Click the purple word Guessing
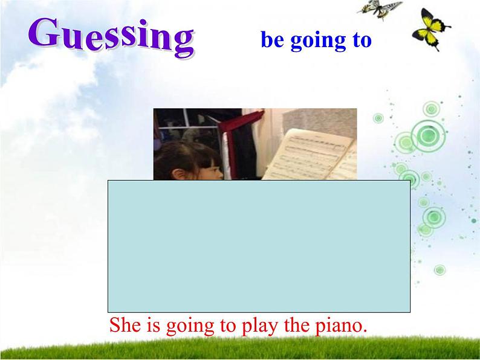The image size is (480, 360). [x=112, y=37]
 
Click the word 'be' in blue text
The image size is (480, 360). [x=272, y=40]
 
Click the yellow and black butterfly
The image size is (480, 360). [x=430, y=30]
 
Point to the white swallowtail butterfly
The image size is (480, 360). [x=380, y=9]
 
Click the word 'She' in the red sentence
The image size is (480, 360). [x=123, y=325]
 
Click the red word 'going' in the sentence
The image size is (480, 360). [x=190, y=327]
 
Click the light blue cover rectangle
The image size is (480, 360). [x=259, y=246]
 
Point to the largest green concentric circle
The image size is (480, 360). [x=428, y=136]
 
